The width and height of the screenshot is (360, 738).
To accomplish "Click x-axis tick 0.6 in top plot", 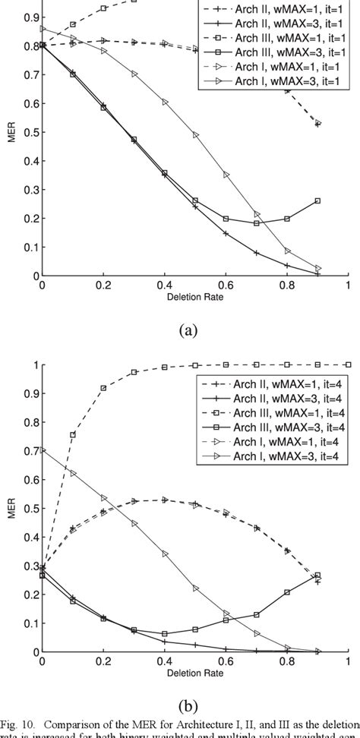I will click(x=225, y=286).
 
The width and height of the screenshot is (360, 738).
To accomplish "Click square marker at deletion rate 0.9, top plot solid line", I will click(x=317, y=201).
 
